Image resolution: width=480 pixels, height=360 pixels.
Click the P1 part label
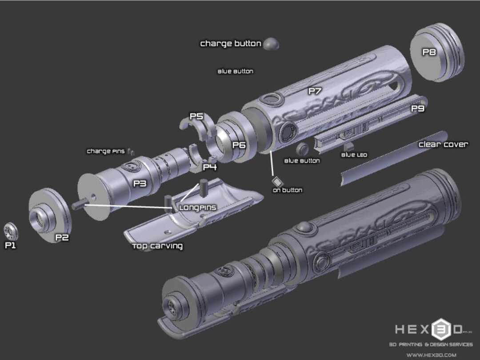pyautogui.click(x=10, y=245)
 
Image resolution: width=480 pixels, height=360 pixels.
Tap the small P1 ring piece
pyautogui.click(x=11, y=231)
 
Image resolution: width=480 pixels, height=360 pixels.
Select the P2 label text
pyautogui.click(x=62, y=237)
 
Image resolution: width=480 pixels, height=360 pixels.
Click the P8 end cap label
pyautogui.click(x=429, y=52)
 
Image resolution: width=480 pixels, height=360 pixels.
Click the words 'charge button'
pyautogui.click(x=231, y=44)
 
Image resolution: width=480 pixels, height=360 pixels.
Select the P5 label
pyautogui.click(x=196, y=116)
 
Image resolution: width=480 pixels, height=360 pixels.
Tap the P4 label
pyautogui.click(x=210, y=167)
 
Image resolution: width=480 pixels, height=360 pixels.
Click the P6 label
pyautogui.click(x=239, y=145)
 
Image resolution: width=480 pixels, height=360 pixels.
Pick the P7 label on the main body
pyautogui.click(x=315, y=91)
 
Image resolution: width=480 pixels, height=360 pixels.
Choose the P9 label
pyautogui.click(x=417, y=108)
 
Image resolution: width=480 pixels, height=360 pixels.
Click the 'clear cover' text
pyautogui.click(x=443, y=144)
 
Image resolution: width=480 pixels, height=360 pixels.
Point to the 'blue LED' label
pyautogui.click(x=354, y=155)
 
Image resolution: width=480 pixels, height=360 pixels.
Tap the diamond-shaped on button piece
pyautogui.click(x=277, y=182)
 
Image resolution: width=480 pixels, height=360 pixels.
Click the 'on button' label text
pyautogui.click(x=288, y=190)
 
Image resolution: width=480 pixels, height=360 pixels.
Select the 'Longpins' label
pyautogui.click(x=197, y=208)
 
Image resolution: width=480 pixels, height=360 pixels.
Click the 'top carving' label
pyautogui.click(x=157, y=246)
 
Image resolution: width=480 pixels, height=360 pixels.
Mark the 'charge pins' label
pyautogui.click(x=106, y=151)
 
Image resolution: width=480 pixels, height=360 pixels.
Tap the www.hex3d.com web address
pyautogui.click(x=431, y=355)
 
